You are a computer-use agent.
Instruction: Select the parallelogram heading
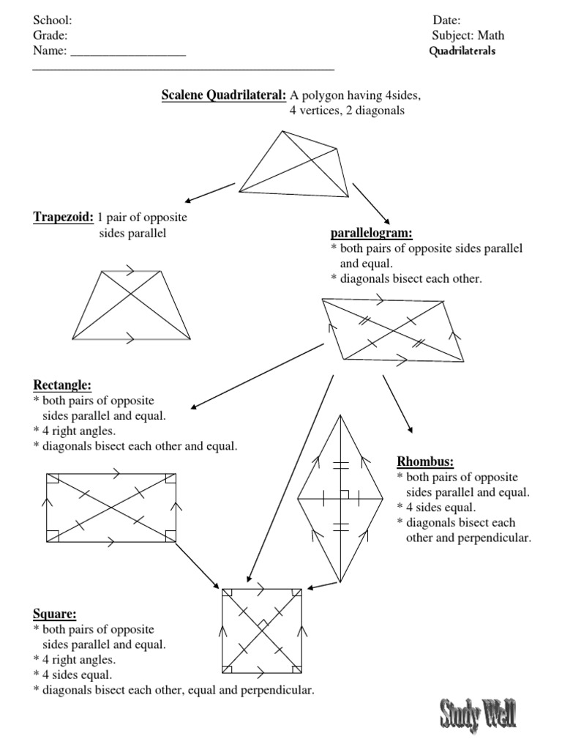click(372, 233)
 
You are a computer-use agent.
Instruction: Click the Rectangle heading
click(63, 385)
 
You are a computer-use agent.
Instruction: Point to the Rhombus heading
click(425, 461)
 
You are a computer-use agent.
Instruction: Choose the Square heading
click(55, 614)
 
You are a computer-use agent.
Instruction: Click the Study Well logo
click(478, 714)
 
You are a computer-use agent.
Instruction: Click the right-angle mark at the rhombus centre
click(344, 494)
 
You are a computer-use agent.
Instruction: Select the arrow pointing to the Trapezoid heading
click(209, 192)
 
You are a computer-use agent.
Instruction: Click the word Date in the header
click(446, 21)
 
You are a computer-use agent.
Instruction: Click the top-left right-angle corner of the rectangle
click(51, 479)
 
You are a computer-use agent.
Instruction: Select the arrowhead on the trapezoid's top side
click(130, 271)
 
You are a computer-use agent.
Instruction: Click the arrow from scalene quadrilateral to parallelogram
click(372, 203)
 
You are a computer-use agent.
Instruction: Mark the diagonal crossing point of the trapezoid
click(132, 296)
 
